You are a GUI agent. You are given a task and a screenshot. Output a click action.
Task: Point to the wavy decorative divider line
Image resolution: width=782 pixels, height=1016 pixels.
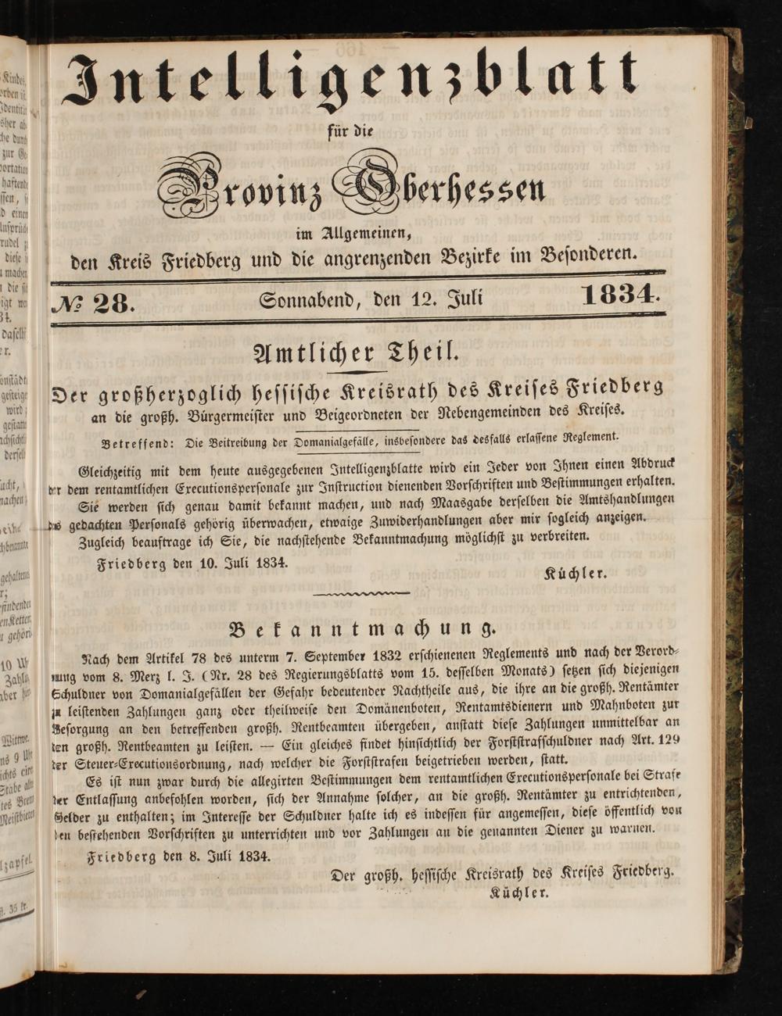pyautogui.click(x=361, y=594)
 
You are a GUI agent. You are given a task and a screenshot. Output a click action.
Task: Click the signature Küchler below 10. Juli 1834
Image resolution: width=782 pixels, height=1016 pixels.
pyautogui.click(x=575, y=573)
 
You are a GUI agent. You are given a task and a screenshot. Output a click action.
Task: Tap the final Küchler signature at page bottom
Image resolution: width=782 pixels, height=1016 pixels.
pyautogui.click(x=519, y=892)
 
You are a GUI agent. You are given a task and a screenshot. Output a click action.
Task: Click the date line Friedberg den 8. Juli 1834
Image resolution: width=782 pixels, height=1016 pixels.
pyautogui.click(x=179, y=856)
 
